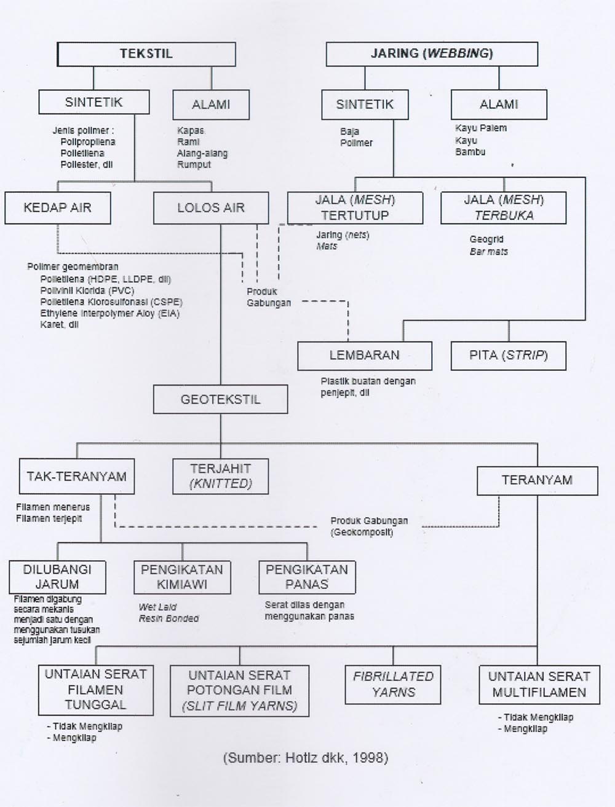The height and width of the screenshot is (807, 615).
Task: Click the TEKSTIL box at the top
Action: [x=146, y=54]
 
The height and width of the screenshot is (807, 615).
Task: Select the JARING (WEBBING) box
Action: [x=432, y=54]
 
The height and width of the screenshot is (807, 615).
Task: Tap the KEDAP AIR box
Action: [x=57, y=208]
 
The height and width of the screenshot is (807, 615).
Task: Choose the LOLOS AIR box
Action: [x=210, y=208]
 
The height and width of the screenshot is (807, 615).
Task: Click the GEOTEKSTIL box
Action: [x=220, y=400]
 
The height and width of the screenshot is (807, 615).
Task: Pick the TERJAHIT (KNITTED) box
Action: [x=220, y=477]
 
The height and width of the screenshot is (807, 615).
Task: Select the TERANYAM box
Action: [x=537, y=480]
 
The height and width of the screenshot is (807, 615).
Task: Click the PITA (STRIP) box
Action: [x=508, y=356]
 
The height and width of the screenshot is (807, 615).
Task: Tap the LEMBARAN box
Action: [x=364, y=356]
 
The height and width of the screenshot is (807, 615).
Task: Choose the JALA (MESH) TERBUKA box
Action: [x=503, y=208]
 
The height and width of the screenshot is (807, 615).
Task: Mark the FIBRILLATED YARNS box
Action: [x=393, y=684]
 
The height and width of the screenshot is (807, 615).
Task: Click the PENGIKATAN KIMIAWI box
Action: [x=182, y=577]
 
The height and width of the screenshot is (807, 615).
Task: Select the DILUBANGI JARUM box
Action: [x=57, y=577]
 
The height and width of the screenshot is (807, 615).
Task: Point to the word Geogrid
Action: [x=486, y=240]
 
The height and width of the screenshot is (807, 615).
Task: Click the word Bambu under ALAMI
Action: [x=470, y=152]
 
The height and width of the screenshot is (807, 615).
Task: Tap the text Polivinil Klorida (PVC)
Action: [x=87, y=290]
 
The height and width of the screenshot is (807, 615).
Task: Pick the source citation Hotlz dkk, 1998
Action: [x=305, y=758]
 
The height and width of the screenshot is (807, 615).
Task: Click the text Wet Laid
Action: [x=157, y=607]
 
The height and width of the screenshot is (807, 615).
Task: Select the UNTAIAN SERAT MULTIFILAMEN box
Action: [x=539, y=684]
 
